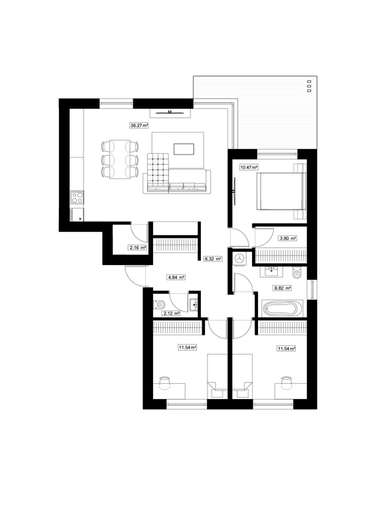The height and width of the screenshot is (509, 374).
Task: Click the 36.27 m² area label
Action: tap(139, 125)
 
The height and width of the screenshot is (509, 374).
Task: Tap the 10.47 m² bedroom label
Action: tap(249, 168)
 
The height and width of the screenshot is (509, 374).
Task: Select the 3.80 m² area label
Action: tap(288, 239)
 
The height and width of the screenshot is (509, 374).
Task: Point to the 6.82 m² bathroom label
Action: tap(282, 288)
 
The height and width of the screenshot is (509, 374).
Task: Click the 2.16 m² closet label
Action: tap(137, 248)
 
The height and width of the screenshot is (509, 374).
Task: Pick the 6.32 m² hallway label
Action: tap(213, 259)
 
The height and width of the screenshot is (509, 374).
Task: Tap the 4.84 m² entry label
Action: tap(176, 277)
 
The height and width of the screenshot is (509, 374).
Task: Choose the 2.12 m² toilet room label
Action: tap(171, 313)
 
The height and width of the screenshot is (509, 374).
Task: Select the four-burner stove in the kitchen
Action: tap(78, 198)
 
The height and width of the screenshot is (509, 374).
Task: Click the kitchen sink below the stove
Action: tap(78, 215)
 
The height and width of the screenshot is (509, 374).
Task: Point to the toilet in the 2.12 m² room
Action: tap(159, 304)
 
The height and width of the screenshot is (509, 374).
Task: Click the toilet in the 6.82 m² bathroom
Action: tap(296, 273)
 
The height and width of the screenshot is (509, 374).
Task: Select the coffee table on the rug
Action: tap(184, 149)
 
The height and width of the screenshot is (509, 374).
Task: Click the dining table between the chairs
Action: tap(120, 159)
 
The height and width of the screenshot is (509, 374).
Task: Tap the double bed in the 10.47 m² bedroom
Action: tap(281, 191)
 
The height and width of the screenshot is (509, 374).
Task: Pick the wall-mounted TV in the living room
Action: tap(170, 113)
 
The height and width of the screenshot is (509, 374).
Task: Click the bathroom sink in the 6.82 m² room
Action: tap(273, 272)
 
